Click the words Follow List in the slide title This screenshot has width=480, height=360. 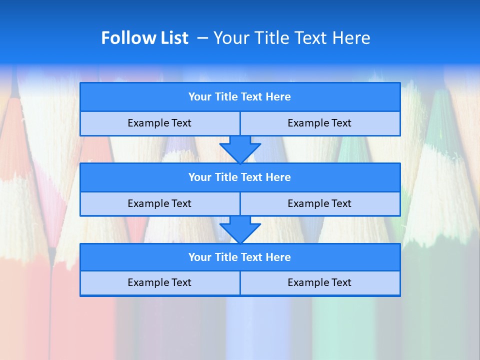click(x=144, y=38)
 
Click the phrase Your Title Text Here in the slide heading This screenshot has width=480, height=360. click(x=291, y=38)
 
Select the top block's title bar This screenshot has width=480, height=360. click(x=240, y=97)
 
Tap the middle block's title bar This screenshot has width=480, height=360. click(x=240, y=177)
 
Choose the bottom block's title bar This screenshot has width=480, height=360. click(x=240, y=257)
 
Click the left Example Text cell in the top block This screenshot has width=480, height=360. click(x=159, y=123)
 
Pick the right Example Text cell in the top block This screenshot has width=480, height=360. click(x=319, y=123)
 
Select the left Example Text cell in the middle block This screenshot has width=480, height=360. click(x=159, y=203)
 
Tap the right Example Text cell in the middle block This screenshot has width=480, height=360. click(x=319, y=203)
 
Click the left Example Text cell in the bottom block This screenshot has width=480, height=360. click(x=159, y=282)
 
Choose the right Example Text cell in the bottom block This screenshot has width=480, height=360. click(x=319, y=282)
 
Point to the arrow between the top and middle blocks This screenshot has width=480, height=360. click(x=240, y=149)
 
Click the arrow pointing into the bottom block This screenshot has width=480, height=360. click(x=240, y=229)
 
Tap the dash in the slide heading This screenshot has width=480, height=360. click(x=202, y=38)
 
